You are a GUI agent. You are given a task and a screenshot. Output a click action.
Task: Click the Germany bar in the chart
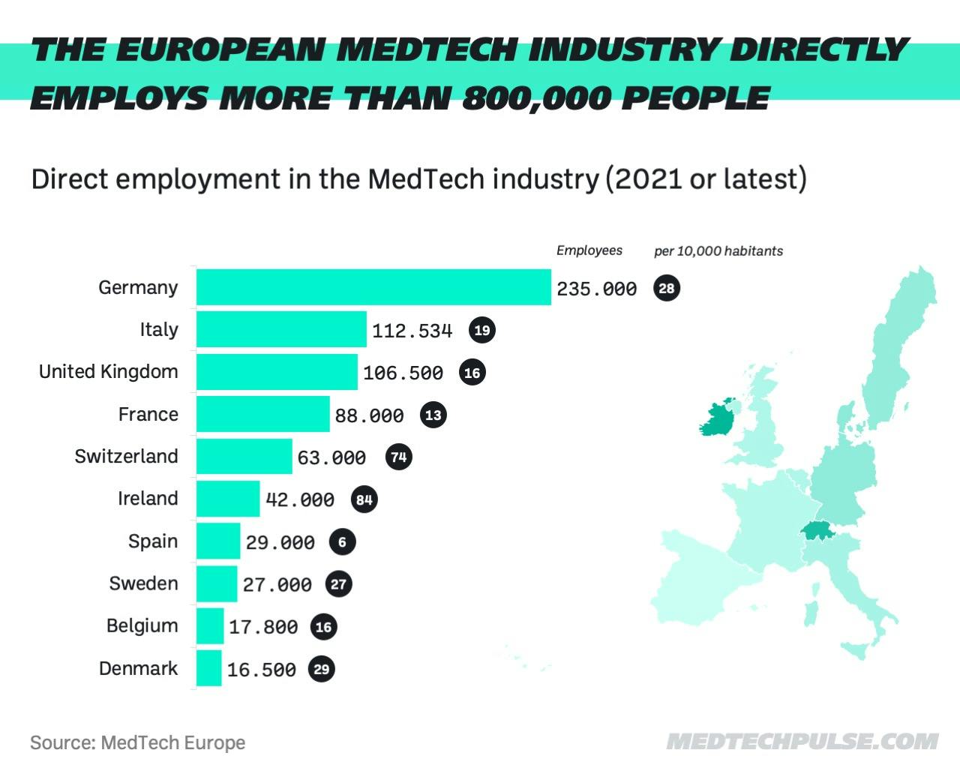(x=373, y=287)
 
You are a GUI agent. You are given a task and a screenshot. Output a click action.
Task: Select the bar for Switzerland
(x=244, y=457)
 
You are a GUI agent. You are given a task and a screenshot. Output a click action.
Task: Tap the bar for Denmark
(x=209, y=668)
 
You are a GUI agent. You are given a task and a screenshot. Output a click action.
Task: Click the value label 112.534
(x=412, y=331)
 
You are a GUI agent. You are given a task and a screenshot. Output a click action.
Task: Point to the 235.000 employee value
(x=596, y=289)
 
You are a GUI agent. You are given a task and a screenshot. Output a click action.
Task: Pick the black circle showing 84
(x=364, y=499)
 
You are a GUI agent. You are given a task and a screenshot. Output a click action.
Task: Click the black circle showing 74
(x=399, y=457)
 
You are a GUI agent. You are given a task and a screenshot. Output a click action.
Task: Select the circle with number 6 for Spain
(x=343, y=541)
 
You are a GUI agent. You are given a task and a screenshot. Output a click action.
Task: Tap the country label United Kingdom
(x=109, y=372)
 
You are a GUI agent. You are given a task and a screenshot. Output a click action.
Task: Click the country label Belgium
(x=142, y=626)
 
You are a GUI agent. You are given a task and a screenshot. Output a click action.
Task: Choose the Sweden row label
(x=144, y=583)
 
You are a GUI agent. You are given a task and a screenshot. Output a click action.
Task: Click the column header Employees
(x=589, y=250)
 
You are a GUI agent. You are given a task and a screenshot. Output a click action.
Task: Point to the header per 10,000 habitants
(x=718, y=251)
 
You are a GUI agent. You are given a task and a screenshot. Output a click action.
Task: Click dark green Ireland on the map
(x=717, y=421)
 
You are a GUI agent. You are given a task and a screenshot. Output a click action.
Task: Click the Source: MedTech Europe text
(x=138, y=742)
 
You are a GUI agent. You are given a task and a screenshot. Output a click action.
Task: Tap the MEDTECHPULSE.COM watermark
(x=802, y=742)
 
